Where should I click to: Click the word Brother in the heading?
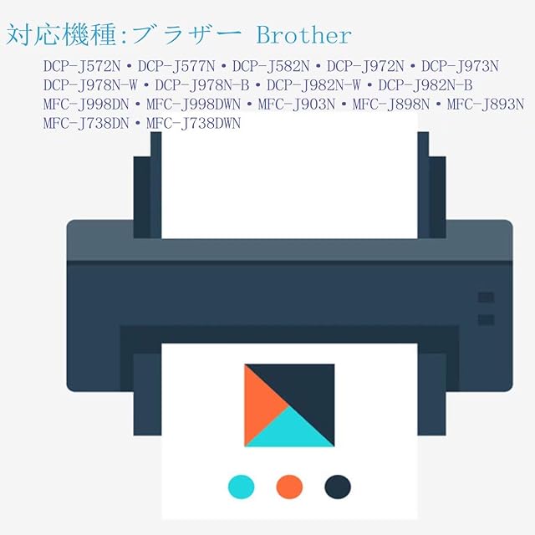click(303, 35)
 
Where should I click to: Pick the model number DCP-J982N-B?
click(425, 85)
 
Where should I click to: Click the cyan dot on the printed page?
click(241, 485)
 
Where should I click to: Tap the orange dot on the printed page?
click(288, 485)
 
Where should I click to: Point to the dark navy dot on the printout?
click(337, 485)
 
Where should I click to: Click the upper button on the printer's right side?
click(485, 298)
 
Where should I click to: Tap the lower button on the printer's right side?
click(485, 319)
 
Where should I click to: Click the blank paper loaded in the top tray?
click(289, 180)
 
